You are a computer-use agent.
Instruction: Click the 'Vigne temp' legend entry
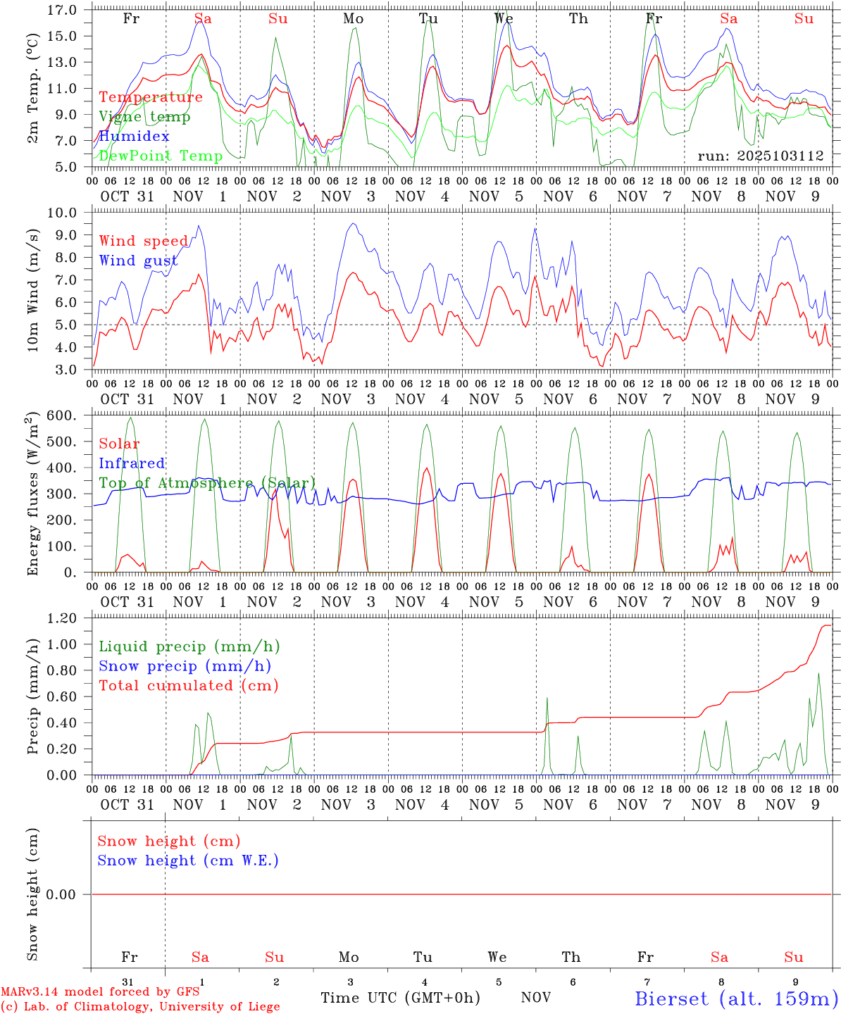pos(144,117)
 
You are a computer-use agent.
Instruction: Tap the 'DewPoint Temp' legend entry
pos(161,156)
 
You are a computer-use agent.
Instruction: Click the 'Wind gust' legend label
pos(138,261)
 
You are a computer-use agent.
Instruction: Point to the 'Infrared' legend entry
pos(132,463)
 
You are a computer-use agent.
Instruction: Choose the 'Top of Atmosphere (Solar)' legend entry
pos(207,483)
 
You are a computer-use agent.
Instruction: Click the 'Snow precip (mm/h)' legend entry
pos(185,666)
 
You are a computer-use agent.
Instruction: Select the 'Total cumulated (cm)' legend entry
pos(188,686)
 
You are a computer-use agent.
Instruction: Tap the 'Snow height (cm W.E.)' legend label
pos(188,860)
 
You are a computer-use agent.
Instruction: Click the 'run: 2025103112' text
pos(760,156)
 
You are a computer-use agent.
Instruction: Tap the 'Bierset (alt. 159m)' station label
pos(736,999)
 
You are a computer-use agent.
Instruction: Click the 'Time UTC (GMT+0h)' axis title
pos(400,998)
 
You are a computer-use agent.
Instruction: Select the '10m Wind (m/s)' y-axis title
pos(32,291)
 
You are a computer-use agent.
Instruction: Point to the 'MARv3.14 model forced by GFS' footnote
pos(100,992)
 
